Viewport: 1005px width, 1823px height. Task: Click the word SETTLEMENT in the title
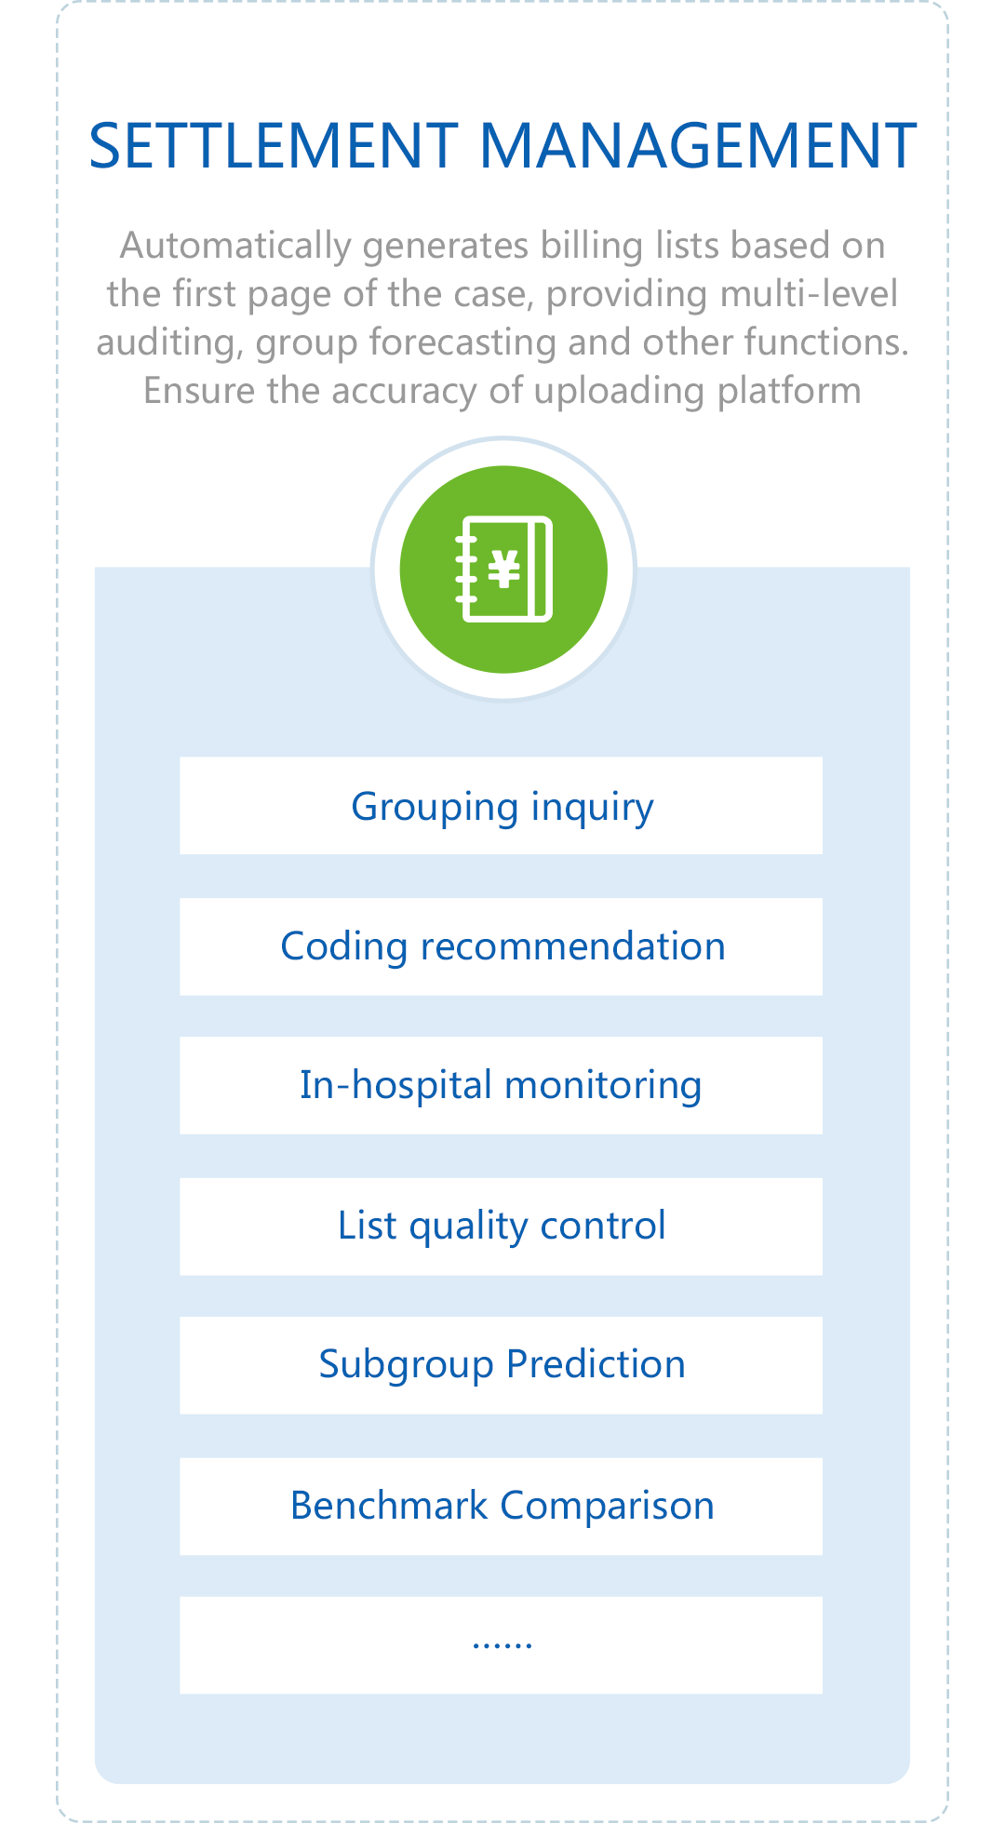[x=274, y=146]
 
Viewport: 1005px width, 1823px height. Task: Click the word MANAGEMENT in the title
[x=698, y=146]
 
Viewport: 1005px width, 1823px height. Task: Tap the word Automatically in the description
[x=236, y=247]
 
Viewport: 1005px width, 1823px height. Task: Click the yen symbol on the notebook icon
[x=504, y=569]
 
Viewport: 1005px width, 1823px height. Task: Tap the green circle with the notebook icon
[x=503, y=569]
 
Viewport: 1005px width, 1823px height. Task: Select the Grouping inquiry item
[x=501, y=806]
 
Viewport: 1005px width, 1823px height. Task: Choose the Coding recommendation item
[x=501, y=946]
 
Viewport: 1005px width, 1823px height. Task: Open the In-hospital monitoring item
[x=501, y=1085]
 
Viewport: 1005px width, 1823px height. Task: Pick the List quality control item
[x=501, y=1227]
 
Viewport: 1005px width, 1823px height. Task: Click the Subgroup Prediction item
[x=501, y=1365]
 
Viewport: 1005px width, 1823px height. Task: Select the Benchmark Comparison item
[x=501, y=1507]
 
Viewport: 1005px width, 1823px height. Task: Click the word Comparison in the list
[x=608, y=1507]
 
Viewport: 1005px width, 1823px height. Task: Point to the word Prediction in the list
[x=596, y=1365]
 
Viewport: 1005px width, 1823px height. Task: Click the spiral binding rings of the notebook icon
[x=465, y=569]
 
